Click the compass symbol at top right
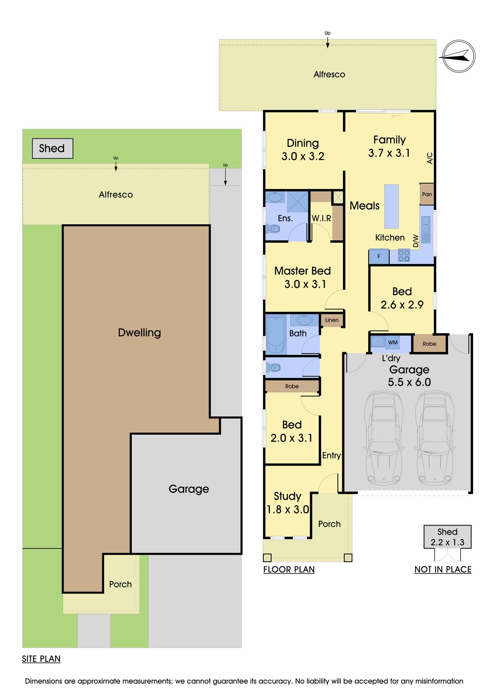pyautogui.click(x=459, y=56)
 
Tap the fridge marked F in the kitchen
pyautogui.click(x=379, y=256)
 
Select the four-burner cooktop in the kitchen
pyautogui.click(x=404, y=256)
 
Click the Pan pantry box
pyautogui.click(x=427, y=194)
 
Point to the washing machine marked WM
pyautogui.click(x=393, y=342)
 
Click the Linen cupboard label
pyautogui.click(x=332, y=320)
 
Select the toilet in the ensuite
pyautogui.click(x=273, y=229)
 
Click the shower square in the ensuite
pyautogui.click(x=298, y=202)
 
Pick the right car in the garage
pyautogui.click(x=434, y=437)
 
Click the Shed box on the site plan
pyautogui.click(x=52, y=148)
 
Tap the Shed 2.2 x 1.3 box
pyautogui.click(x=447, y=537)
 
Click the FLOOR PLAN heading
pyautogui.click(x=289, y=569)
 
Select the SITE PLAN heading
pyautogui.click(x=41, y=659)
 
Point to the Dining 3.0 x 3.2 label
pyautogui.click(x=303, y=150)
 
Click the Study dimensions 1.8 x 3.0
pyautogui.click(x=288, y=510)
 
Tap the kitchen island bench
pyautogui.click(x=392, y=206)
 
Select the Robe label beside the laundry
pyautogui.click(x=429, y=344)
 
